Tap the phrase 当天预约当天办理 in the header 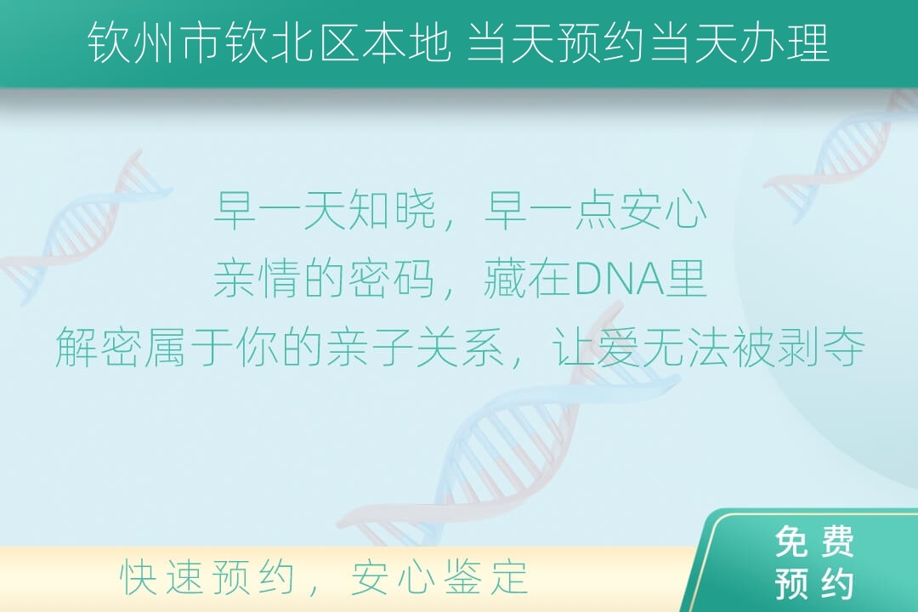[x=649, y=42]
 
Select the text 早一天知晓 [x=326, y=211]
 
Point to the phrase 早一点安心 [x=596, y=211]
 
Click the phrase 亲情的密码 [x=325, y=279]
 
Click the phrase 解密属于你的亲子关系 [x=280, y=348]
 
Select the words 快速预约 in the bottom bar [x=207, y=577]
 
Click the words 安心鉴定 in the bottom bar [x=439, y=577]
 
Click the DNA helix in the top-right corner [x=843, y=156]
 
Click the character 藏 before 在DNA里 [x=506, y=279]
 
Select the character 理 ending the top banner [x=809, y=42]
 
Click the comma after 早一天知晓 [x=449, y=224]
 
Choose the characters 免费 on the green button [x=814, y=541]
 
